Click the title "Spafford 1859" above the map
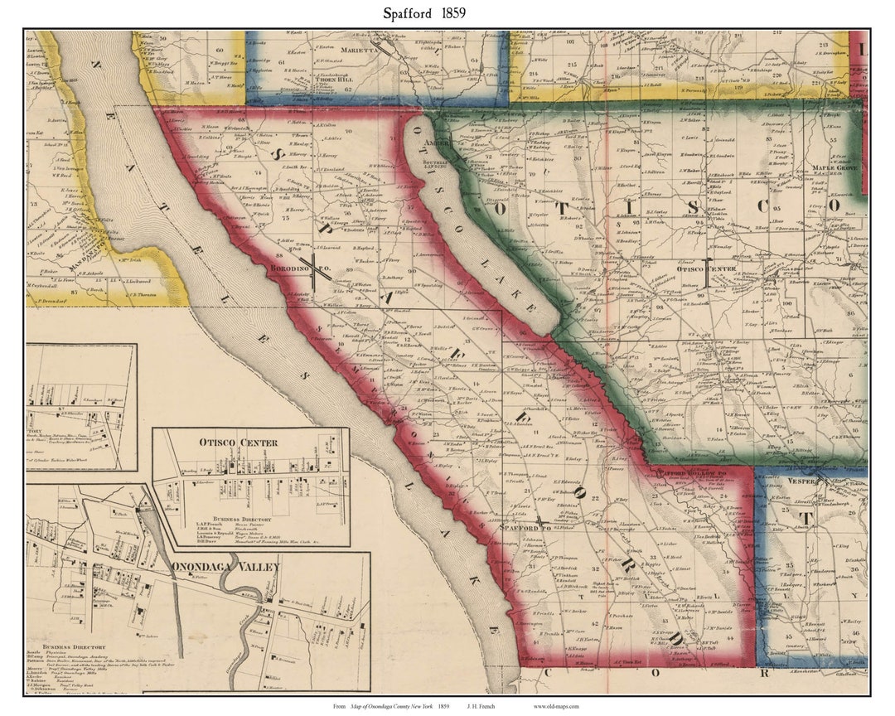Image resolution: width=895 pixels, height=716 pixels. pyautogui.click(x=423, y=12)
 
